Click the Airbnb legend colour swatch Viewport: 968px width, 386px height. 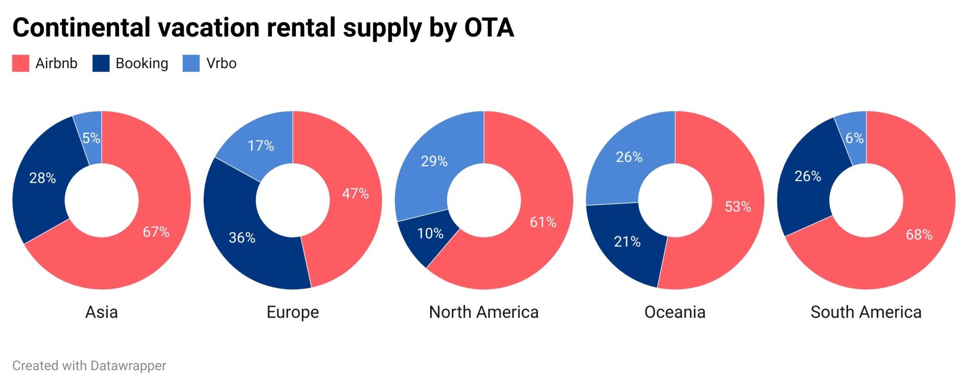20,63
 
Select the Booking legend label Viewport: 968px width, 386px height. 142,63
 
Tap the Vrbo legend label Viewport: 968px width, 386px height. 221,63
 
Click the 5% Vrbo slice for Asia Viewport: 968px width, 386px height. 91,138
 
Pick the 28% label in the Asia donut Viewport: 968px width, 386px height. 43,178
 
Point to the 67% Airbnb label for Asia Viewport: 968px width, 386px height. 156,232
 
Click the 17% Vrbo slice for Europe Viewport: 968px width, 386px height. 260,146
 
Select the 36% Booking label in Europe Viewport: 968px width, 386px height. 242,238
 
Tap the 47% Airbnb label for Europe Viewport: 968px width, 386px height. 355,193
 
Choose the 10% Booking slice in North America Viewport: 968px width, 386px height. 430,233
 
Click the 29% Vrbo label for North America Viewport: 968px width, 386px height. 434,162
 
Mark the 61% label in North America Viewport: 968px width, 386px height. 543,222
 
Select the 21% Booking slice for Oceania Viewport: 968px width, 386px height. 627,242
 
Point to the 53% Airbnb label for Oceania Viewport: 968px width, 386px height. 738,206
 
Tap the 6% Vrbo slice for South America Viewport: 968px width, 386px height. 854,138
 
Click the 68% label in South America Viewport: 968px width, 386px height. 919,235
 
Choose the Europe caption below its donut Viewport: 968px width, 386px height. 293,312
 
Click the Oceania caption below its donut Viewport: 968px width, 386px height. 674,312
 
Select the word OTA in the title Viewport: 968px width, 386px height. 489,27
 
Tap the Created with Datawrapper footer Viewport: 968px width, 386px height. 89,366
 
